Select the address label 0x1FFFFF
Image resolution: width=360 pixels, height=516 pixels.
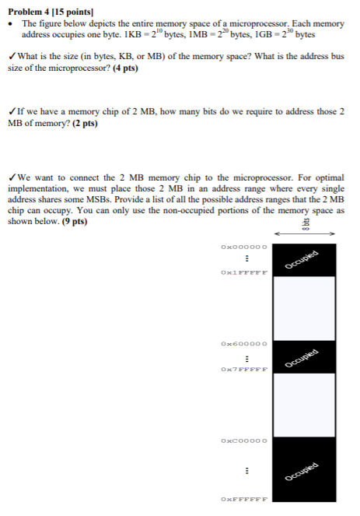[x=244, y=273]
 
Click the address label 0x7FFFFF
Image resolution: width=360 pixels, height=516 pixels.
[x=244, y=370]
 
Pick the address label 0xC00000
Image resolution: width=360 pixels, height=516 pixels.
[x=244, y=440]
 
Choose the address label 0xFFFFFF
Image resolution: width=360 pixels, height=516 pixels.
[x=244, y=499]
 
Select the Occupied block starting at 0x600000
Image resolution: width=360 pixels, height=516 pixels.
[x=305, y=357]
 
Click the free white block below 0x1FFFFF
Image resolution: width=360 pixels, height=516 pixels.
[x=305, y=308]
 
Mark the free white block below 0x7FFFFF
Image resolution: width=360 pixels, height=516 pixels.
[x=305, y=405]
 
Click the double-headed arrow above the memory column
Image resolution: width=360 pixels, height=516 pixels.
[x=305, y=232]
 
